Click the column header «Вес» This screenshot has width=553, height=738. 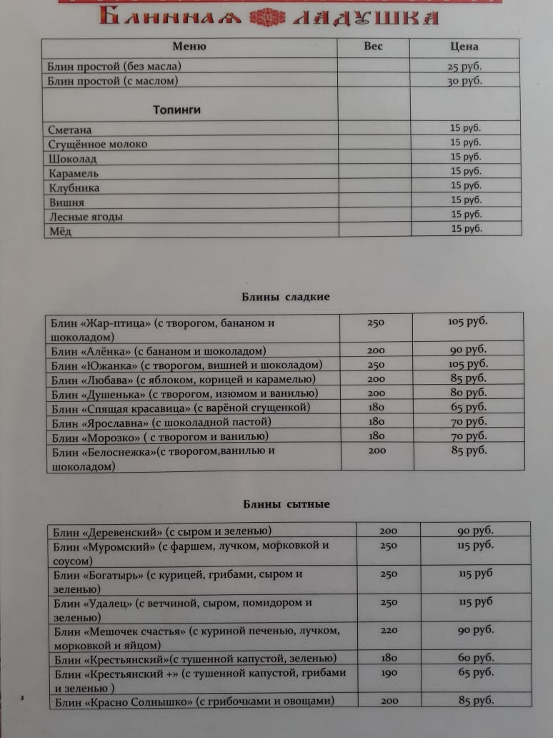click(x=373, y=46)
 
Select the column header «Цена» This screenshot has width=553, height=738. click(x=464, y=46)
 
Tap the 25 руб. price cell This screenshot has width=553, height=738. click(x=464, y=67)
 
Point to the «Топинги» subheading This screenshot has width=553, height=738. click(x=176, y=110)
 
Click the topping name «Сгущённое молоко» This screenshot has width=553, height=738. click(x=99, y=144)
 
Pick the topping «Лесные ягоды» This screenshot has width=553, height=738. click(x=86, y=217)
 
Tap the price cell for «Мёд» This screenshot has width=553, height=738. click(x=466, y=229)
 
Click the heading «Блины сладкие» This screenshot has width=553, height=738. click(x=283, y=296)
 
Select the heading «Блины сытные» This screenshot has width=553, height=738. click(x=284, y=504)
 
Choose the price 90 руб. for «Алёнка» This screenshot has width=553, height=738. click(x=468, y=350)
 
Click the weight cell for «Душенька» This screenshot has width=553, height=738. click(x=376, y=393)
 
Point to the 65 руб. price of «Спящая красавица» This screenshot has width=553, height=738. click(x=468, y=408)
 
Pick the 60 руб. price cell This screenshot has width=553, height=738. click(x=475, y=658)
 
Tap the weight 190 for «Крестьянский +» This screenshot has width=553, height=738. click(x=389, y=673)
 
